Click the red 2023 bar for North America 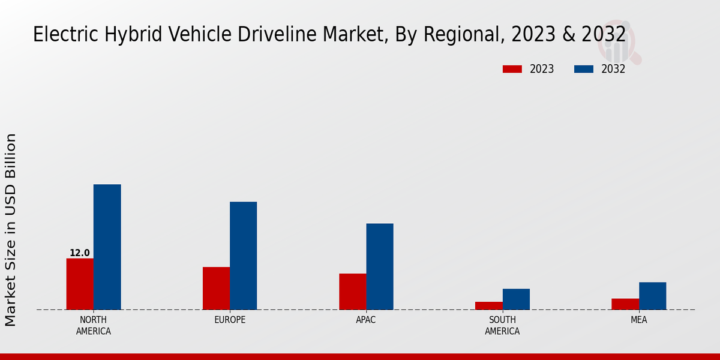80,284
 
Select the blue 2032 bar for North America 107,247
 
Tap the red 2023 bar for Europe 216,288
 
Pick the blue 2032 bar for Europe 243,256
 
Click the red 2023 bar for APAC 352,292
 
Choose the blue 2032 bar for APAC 380,266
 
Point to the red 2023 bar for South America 488,305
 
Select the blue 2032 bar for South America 516,299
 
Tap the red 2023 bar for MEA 625,304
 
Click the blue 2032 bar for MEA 652,296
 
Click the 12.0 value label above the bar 80,253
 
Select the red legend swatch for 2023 512,69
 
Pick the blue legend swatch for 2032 584,69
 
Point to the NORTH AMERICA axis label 94,325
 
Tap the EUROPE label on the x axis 230,320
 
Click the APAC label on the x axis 366,320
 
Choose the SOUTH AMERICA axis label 502,325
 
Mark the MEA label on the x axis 638,320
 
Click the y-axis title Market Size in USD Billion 11,230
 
